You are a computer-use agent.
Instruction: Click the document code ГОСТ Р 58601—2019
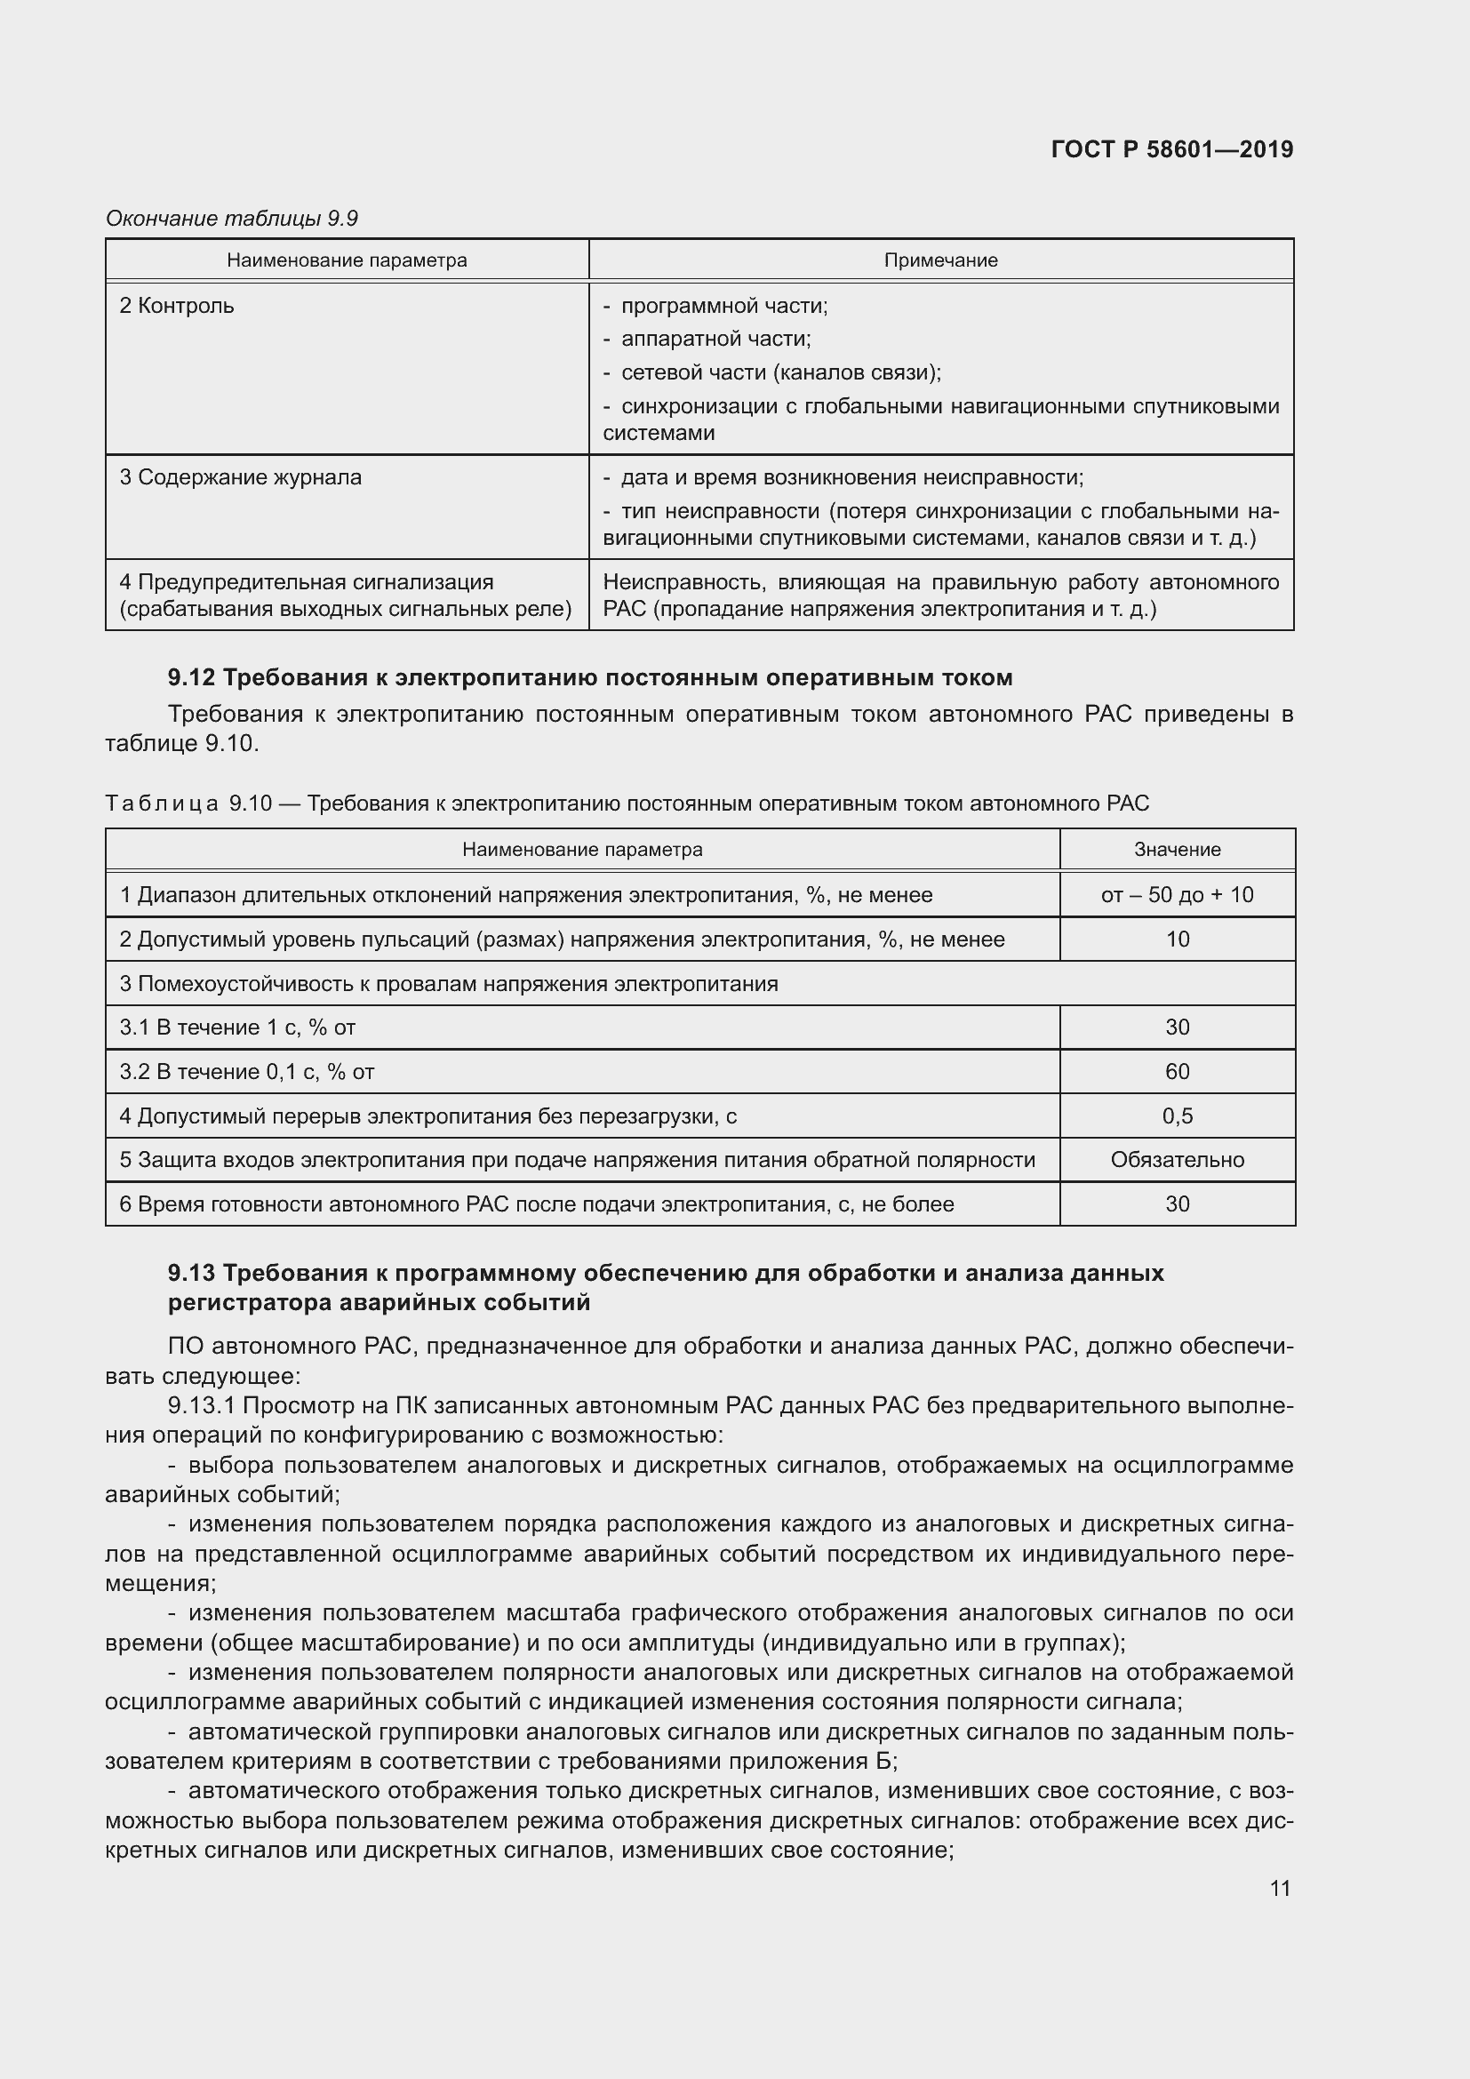[1171, 149]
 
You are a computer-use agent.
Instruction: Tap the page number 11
[1279, 1888]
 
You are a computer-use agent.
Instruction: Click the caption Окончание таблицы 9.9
[232, 219]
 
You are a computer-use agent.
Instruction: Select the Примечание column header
[939, 260]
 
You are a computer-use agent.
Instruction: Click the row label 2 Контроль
[177, 306]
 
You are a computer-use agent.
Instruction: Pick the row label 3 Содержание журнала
[240, 477]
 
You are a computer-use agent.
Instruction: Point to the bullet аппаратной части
[715, 339]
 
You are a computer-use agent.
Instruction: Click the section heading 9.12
[589, 677]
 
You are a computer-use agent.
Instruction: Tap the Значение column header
[1177, 850]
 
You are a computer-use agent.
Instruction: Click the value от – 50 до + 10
[1177, 895]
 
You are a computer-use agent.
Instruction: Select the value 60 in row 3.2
[1177, 1071]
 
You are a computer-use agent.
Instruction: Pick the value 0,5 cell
[1177, 1115]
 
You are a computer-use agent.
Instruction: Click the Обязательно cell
[1177, 1160]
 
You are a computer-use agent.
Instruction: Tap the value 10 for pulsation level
[1177, 939]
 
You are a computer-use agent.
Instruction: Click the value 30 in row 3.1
[1177, 1027]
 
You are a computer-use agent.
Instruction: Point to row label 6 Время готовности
[536, 1204]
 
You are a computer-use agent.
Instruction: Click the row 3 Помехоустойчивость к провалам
[448, 983]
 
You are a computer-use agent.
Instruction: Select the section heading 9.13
[665, 1288]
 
